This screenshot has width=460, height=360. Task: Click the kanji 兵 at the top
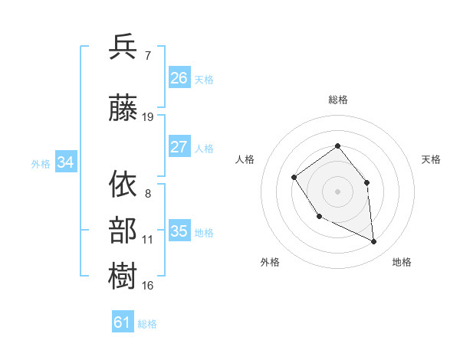123,47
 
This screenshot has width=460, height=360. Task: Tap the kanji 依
123,184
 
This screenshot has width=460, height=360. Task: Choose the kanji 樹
123,276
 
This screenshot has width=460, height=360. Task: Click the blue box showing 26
179,78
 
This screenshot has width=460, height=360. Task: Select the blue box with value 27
179,147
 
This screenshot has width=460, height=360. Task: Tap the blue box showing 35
179,231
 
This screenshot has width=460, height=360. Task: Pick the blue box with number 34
66,162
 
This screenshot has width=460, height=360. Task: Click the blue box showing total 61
123,322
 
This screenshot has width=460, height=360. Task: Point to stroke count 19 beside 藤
148,117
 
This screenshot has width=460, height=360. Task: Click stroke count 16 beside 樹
148,286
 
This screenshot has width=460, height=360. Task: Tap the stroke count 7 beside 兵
147,55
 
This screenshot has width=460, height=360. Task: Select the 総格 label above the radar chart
338,100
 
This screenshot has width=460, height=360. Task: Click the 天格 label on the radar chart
432,159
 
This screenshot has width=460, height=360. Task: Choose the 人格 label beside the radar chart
245,159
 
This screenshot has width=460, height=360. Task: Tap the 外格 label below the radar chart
270,263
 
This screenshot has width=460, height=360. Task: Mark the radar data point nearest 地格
374,241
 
